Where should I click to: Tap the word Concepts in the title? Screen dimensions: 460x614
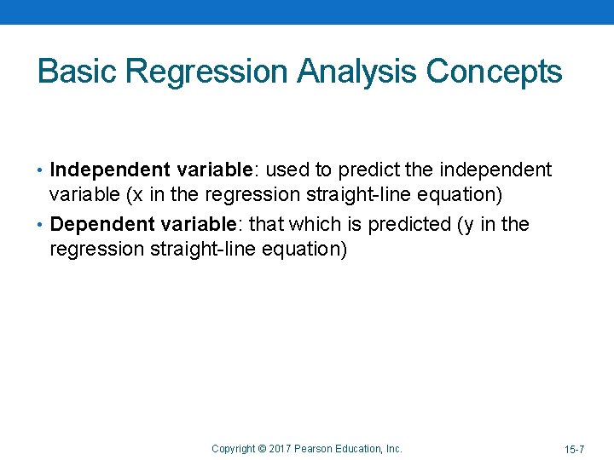[494, 72]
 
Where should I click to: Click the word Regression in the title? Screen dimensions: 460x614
[209, 72]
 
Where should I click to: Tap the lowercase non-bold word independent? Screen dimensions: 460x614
[495, 170]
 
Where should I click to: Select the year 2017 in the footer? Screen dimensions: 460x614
[281, 449]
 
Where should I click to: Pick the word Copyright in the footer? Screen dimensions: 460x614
[233, 449]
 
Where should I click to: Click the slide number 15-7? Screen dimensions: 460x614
[574, 449]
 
